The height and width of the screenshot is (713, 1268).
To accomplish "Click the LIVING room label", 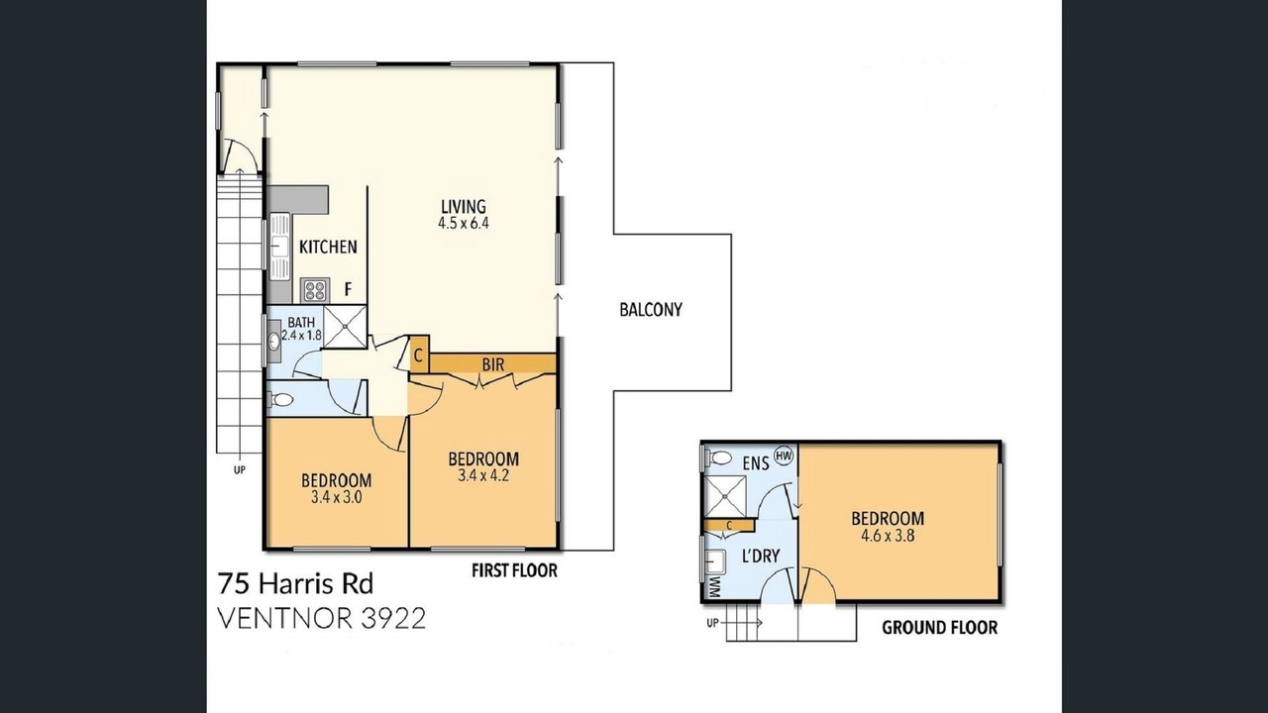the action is [x=464, y=206].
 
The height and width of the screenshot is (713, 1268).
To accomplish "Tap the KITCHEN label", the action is [x=328, y=247].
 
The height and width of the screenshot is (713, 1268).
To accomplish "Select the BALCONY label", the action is [x=651, y=310].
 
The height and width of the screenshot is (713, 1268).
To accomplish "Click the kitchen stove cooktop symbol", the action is [x=315, y=290].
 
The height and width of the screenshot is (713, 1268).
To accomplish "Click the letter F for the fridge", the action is [x=348, y=290].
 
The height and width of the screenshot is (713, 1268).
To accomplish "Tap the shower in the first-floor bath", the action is [x=345, y=327].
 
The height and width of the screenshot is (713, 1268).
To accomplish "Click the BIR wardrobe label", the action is [x=493, y=365].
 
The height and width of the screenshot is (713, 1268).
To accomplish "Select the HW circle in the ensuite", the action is [x=784, y=455].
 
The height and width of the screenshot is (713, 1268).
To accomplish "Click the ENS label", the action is [x=756, y=464].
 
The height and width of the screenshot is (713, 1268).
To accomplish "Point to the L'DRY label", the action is [x=761, y=557].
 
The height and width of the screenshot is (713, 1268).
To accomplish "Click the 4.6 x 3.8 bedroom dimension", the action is [x=888, y=536].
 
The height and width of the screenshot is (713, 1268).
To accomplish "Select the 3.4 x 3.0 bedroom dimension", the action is [x=336, y=497].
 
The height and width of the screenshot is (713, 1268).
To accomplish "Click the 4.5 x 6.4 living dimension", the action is [x=464, y=223].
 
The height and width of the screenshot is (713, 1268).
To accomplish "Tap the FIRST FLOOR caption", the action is [x=514, y=570].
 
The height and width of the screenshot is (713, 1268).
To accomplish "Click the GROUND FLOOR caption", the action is [x=940, y=628].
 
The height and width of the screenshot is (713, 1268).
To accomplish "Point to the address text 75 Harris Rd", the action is [x=295, y=584].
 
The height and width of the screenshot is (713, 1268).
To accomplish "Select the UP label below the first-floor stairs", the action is [x=240, y=469].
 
